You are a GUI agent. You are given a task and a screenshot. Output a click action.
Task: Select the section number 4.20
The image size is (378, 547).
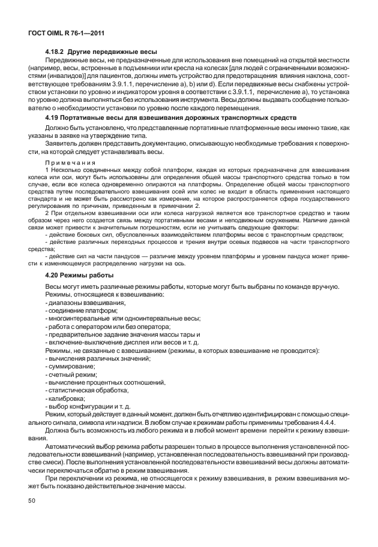pyautogui.click(x=53, y=274)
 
